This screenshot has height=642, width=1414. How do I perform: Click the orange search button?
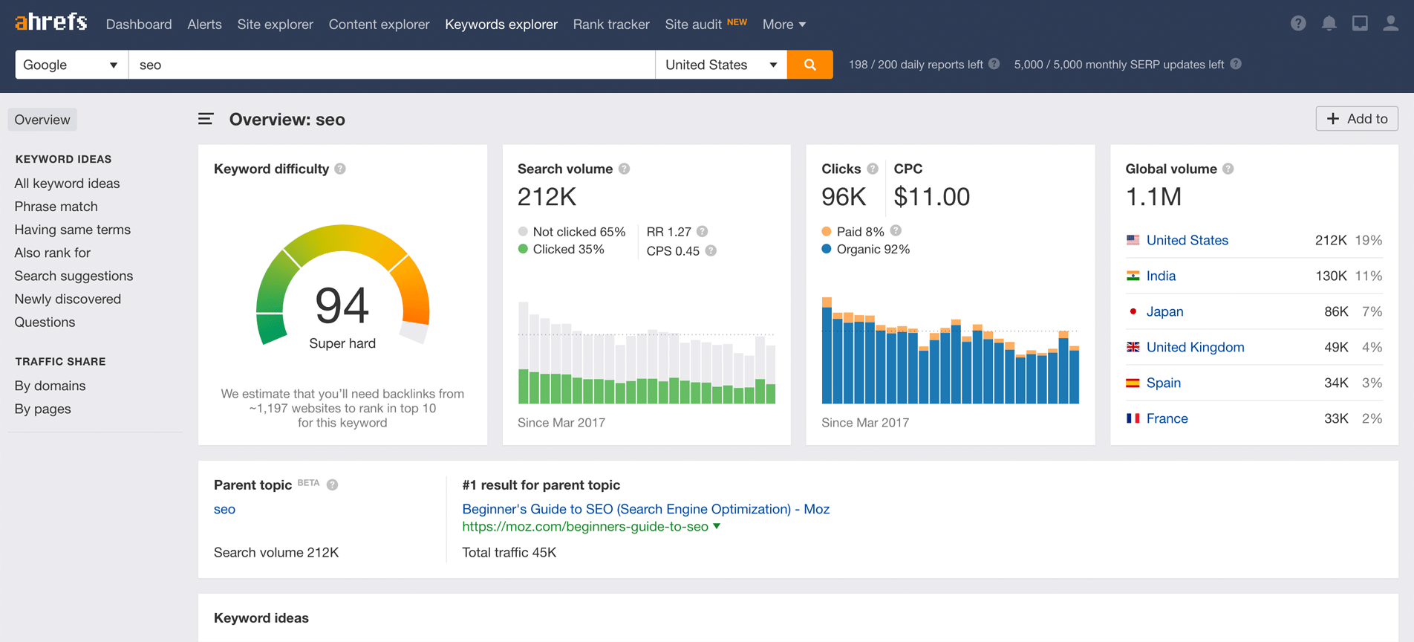pyautogui.click(x=809, y=65)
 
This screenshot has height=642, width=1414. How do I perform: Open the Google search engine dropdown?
pyautogui.click(x=71, y=65)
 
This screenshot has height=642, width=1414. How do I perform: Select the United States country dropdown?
pyautogui.click(x=720, y=65)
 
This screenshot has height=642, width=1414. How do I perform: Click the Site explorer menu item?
pyautogui.click(x=275, y=25)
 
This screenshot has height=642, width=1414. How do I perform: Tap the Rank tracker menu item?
pyautogui.click(x=610, y=25)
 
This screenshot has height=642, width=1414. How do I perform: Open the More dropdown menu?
pyautogui.click(x=783, y=25)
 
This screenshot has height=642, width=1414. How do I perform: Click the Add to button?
pyautogui.click(x=1356, y=119)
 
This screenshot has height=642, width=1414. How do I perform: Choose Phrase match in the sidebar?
pyautogui.click(x=56, y=207)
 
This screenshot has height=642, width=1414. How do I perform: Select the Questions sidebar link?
pyautogui.click(x=45, y=322)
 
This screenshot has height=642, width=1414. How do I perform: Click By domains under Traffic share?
pyautogui.click(x=50, y=386)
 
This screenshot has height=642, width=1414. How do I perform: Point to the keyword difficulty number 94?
pyautogui.click(x=342, y=305)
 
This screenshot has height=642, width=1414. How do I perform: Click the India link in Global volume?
pyautogui.click(x=1160, y=276)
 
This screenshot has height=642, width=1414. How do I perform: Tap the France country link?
pyautogui.click(x=1166, y=418)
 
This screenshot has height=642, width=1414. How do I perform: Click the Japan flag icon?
pyautogui.click(x=1133, y=311)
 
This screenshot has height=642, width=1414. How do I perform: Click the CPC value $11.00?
pyautogui.click(x=931, y=197)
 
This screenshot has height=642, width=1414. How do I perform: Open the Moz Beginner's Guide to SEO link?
pyautogui.click(x=645, y=509)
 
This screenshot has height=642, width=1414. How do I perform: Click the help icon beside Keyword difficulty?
pyautogui.click(x=340, y=169)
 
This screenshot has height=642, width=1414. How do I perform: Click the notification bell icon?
pyautogui.click(x=1329, y=24)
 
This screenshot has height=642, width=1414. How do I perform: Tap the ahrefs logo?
pyautogui.click(x=50, y=22)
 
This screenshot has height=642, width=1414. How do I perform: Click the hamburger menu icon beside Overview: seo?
pyautogui.click(x=206, y=119)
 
